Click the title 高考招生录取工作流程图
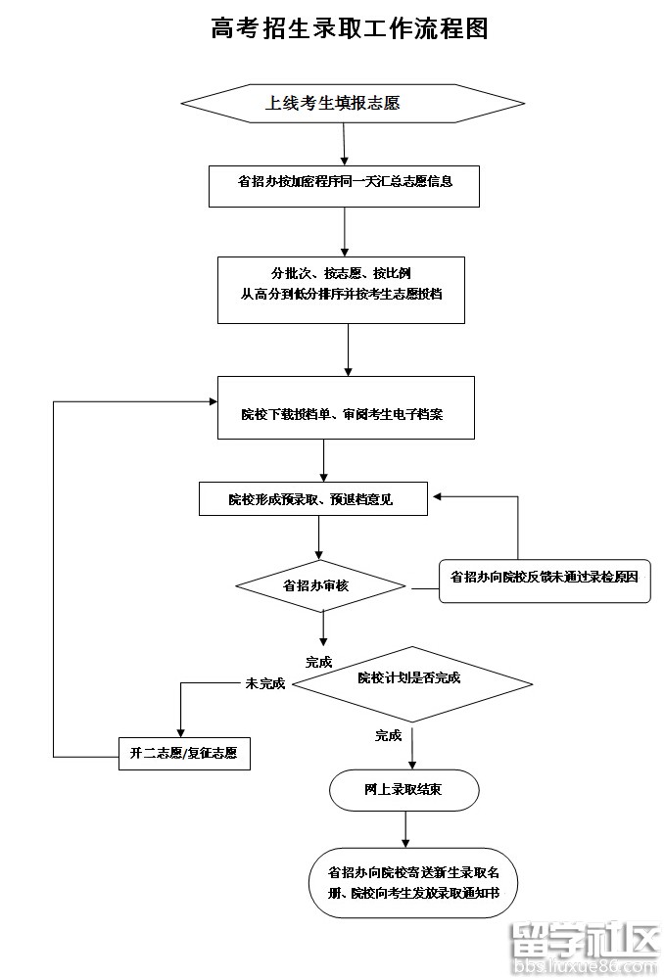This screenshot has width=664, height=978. tap(349, 29)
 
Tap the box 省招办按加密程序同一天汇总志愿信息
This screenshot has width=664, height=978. tap(344, 184)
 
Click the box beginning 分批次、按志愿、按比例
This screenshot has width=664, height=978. tap(340, 289)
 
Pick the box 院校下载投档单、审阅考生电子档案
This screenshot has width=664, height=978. tap(345, 413)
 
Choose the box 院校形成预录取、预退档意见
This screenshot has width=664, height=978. tap(312, 499)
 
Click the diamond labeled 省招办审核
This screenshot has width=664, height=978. tap(320, 586)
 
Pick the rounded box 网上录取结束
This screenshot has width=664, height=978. tap(403, 790)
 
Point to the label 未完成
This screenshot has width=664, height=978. tap(264, 683)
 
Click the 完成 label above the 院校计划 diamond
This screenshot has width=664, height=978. tap(318, 662)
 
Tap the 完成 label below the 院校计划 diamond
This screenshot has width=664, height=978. tap(388, 735)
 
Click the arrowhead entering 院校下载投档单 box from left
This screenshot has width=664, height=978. tap(212, 401)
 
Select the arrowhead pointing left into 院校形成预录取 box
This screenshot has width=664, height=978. tap(439, 497)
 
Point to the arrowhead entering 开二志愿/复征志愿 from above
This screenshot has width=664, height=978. tap(180, 731)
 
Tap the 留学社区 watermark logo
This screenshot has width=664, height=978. tap(586, 944)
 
